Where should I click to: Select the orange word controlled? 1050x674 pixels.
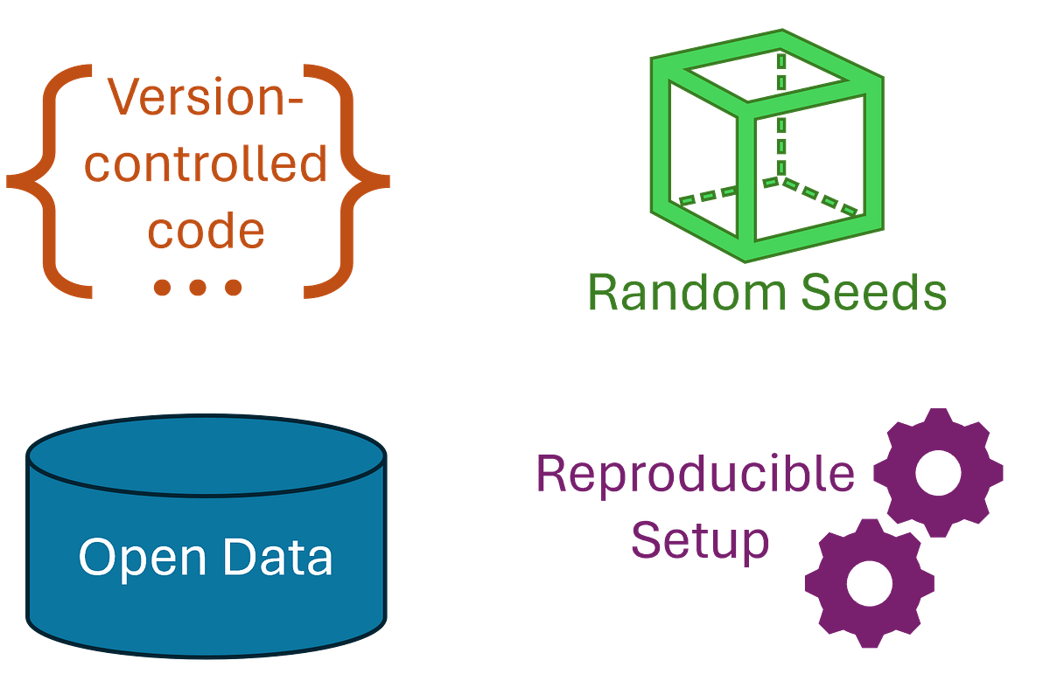point(208,165)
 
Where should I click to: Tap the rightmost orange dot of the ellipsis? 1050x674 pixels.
point(232,286)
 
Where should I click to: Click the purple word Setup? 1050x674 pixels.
point(700,540)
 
